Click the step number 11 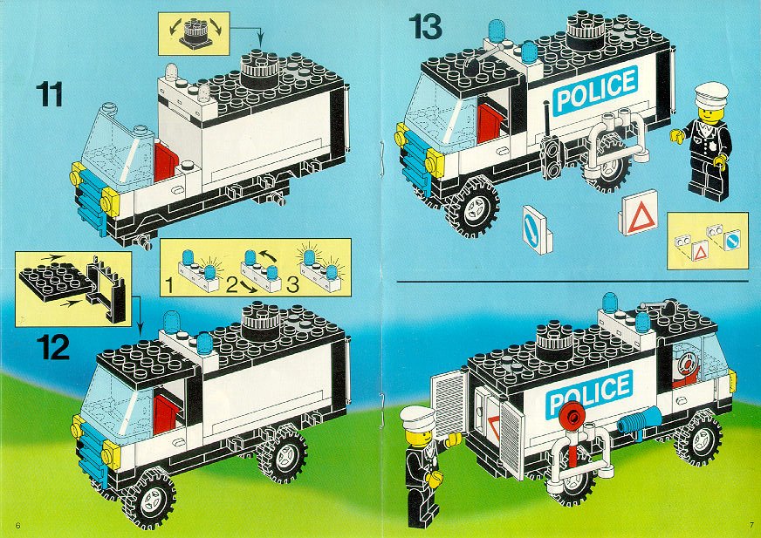click(x=49, y=94)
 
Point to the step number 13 click(x=425, y=27)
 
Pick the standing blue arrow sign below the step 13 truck click(x=536, y=229)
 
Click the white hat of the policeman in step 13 click(x=711, y=94)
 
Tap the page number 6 click(x=18, y=526)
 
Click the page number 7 click(x=751, y=525)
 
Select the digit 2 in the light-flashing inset click(x=232, y=285)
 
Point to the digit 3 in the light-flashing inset click(x=292, y=285)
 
